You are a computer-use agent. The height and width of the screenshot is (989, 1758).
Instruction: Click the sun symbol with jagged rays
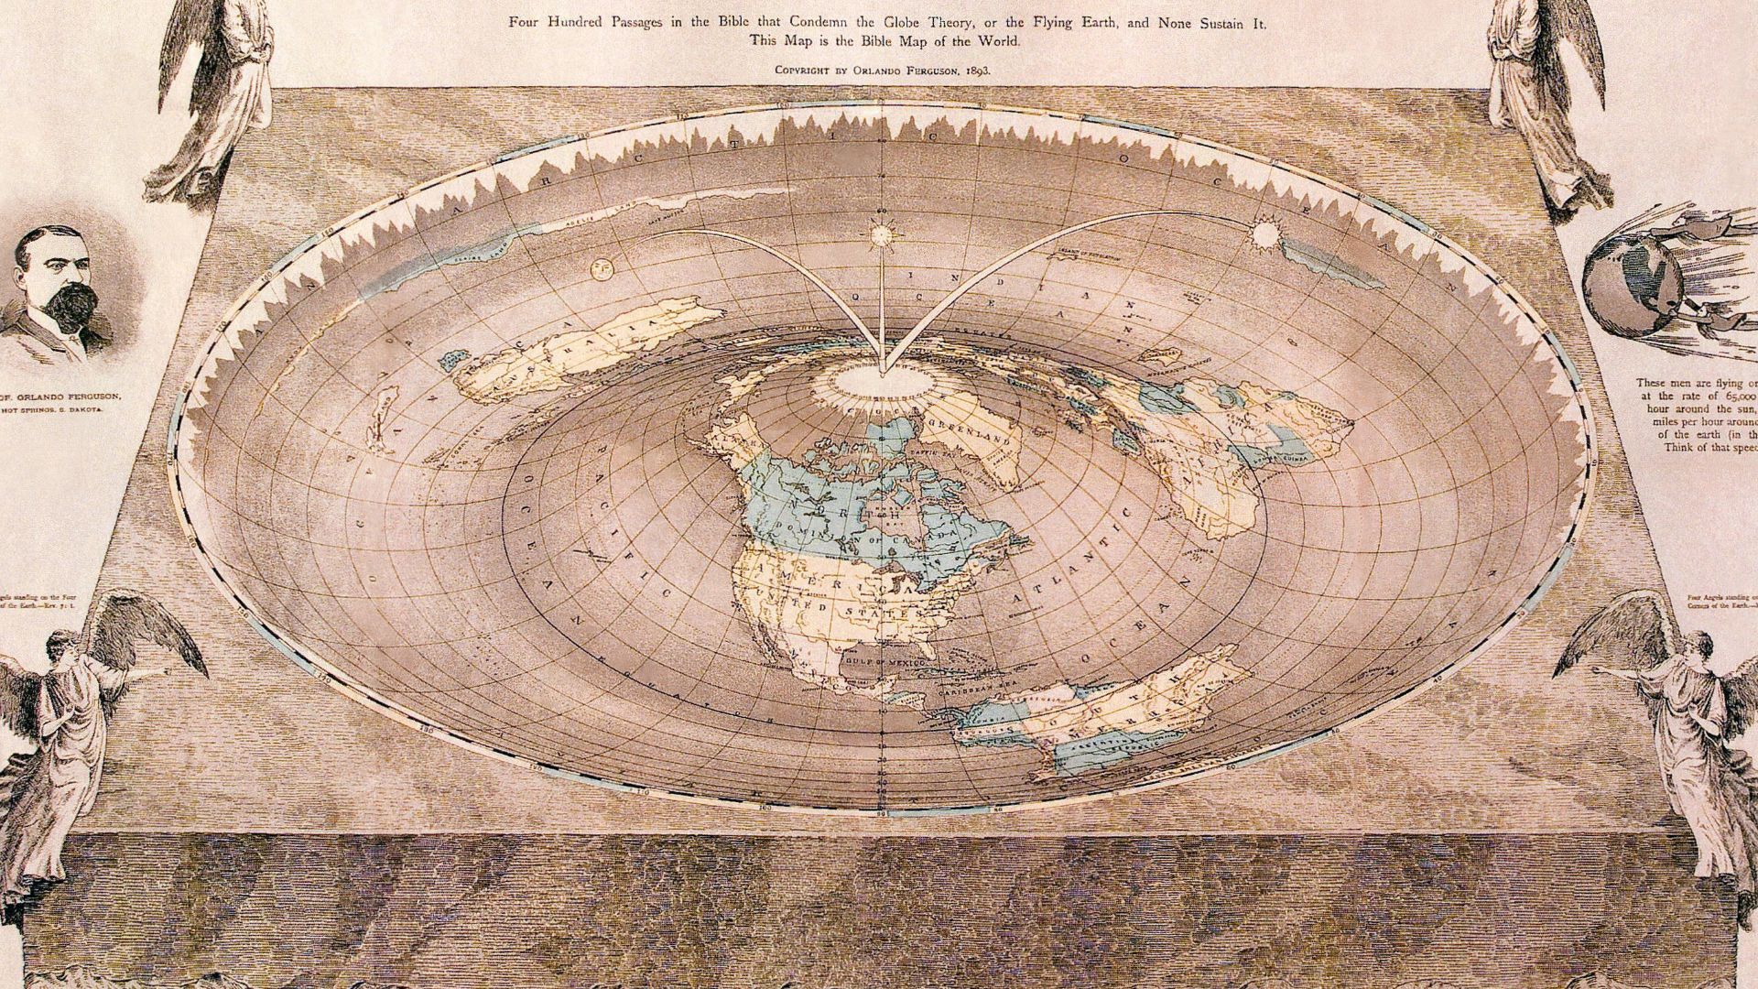pyautogui.click(x=1265, y=235)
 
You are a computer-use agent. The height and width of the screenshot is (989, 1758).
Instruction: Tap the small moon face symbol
pyautogui.click(x=602, y=268)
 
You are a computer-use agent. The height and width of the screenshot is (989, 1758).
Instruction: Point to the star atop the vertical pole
pyautogui.click(x=882, y=234)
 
